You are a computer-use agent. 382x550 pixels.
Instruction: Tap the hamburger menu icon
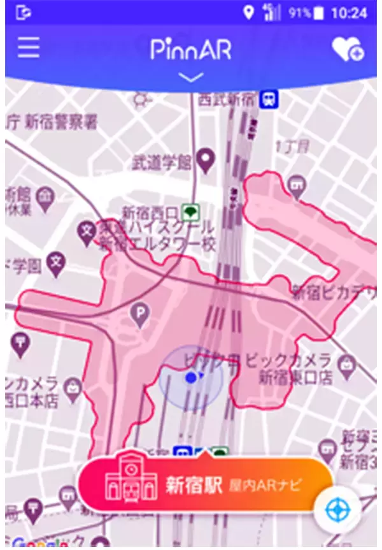click(x=28, y=47)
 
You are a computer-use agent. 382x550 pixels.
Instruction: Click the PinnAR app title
click(x=191, y=49)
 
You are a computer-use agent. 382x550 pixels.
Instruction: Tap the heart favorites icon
click(x=348, y=49)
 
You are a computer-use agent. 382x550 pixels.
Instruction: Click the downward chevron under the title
click(x=192, y=77)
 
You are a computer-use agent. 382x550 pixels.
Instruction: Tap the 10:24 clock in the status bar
click(x=350, y=13)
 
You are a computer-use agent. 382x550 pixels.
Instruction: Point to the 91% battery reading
click(x=299, y=13)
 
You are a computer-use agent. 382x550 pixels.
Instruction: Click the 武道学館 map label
click(x=162, y=163)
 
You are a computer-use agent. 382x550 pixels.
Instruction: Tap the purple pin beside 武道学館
click(x=204, y=160)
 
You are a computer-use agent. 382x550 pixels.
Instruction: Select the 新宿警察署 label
click(x=61, y=122)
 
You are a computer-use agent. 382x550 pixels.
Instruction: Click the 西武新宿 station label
click(x=226, y=99)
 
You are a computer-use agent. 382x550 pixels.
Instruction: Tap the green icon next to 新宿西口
click(x=190, y=212)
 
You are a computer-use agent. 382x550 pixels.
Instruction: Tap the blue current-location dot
click(x=190, y=378)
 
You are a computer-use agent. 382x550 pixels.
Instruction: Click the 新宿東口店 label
click(x=295, y=377)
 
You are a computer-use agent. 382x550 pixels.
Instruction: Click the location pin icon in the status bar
click(x=248, y=12)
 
